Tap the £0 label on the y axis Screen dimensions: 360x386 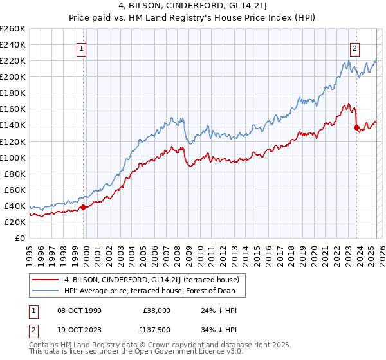coord(19,238)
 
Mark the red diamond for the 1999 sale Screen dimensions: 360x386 coord(83,207)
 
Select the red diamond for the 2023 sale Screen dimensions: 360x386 coord(356,127)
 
